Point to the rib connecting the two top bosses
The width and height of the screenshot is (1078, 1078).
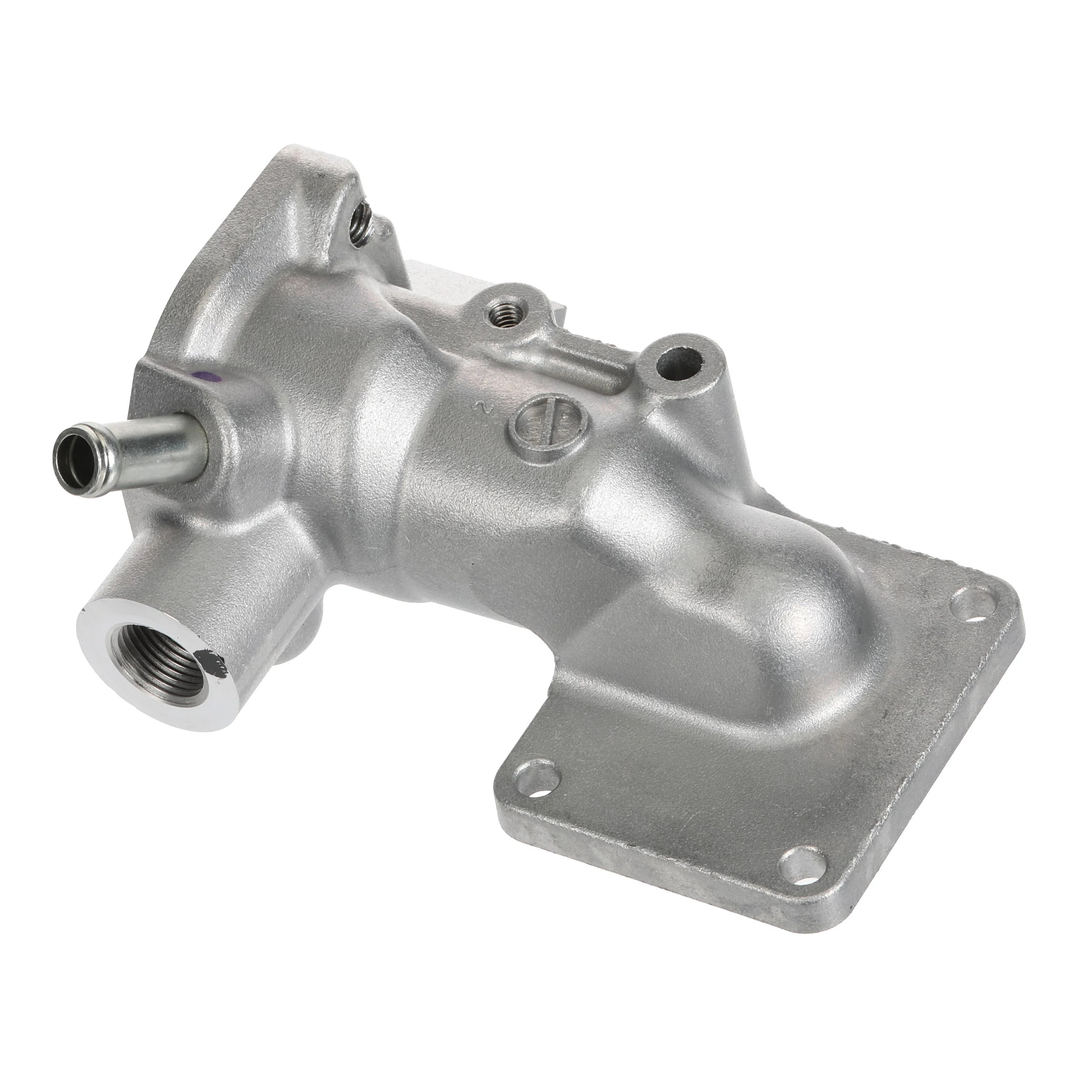tap(592, 357)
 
